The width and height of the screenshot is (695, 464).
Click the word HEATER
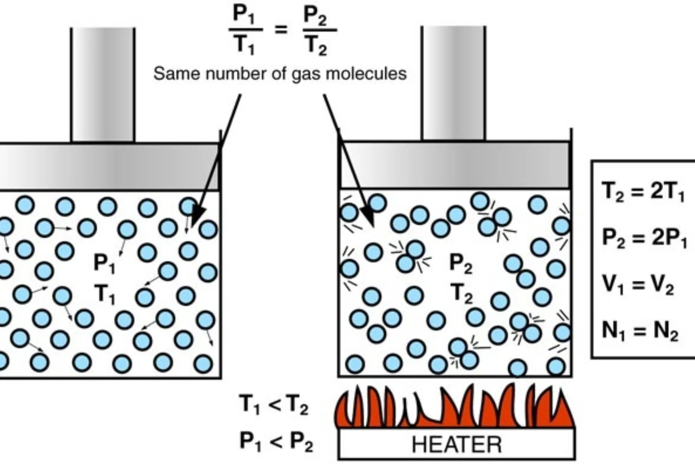click(x=457, y=445)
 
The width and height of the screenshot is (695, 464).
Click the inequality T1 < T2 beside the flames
click(x=274, y=405)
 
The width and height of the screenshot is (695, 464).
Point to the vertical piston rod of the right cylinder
click(x=453, y=83)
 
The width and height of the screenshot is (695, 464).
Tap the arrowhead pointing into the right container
click(x=368, y=217)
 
